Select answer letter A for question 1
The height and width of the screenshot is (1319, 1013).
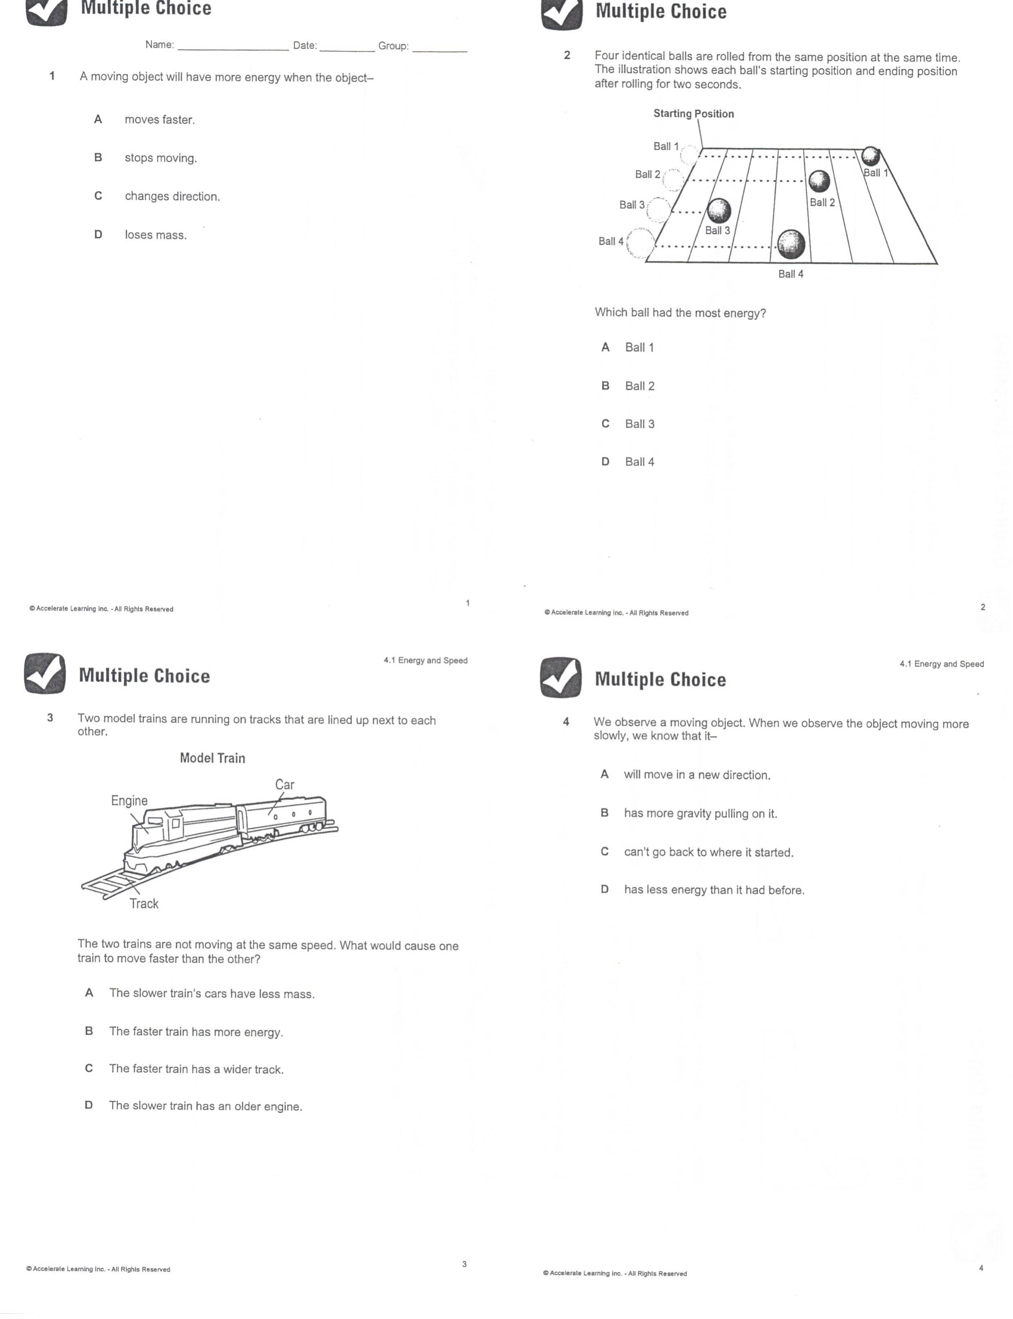pos(98,119)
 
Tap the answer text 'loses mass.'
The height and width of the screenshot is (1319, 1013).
pos(156,235)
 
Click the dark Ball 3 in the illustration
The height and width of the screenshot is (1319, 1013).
pos(719,210)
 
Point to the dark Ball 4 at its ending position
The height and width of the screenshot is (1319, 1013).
pos(791,244)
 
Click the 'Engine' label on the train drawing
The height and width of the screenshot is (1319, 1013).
pos(129,800)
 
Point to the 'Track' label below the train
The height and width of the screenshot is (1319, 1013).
pos(144,903)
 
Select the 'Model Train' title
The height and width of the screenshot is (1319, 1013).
pos(212,758)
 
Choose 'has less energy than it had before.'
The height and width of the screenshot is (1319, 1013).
pos(714,890)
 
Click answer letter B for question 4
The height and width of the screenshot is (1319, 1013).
pos(604,813)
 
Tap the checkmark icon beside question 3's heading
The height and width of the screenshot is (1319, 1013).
pos(45,674)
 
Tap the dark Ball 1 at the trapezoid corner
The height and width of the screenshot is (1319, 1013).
pos(870,156)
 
